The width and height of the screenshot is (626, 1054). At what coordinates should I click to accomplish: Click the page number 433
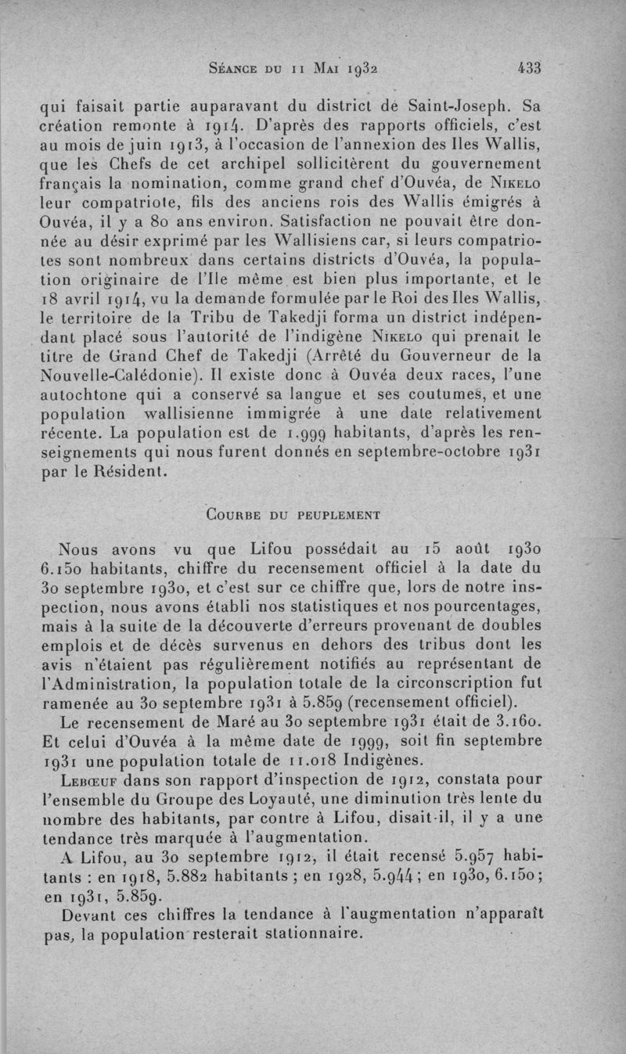(530, 67)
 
